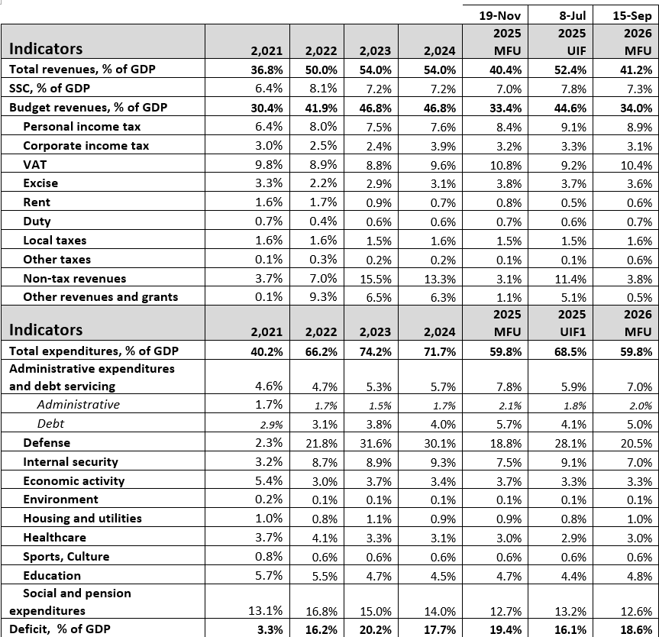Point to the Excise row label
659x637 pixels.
[40, 183]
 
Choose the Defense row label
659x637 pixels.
[47, 443]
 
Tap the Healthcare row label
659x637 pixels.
[54, 538]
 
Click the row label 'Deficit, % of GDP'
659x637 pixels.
[60, 629]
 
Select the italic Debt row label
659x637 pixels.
[50, 423]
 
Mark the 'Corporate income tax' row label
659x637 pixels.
[86, 145]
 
